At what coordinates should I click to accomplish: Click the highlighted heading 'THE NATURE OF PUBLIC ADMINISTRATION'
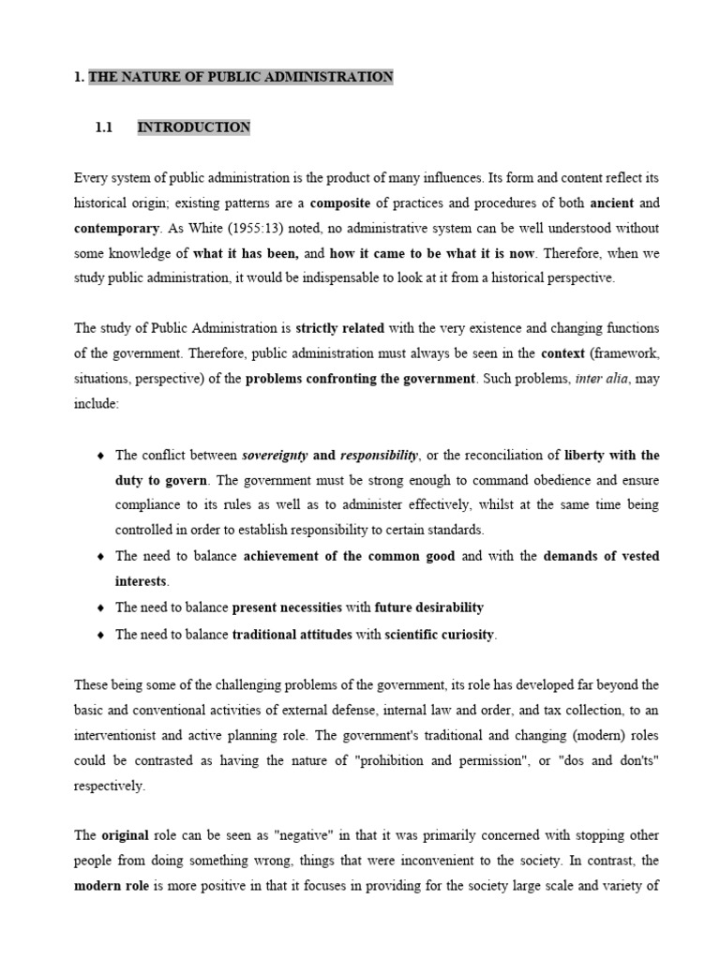pyautogui.click(x=241, y=77)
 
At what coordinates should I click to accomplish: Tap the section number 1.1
pyautogui.click(x=104, y=127)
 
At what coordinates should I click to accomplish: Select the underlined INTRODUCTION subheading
pyautogui.click(x=194, y=127)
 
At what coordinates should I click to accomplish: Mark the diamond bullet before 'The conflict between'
pyautogui.click(x=101, y=456)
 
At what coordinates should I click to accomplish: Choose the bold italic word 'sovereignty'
pyautogui.click(x=276, y=455)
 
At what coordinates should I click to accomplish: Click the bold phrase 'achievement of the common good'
pyautogui.click(x=349, y=556)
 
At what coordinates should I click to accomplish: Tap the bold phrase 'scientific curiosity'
pyautogui.click(x=440, y=635)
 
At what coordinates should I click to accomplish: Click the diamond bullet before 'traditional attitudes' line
pyautogui.click(x=101, y=635)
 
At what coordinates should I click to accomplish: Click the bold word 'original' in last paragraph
pyautogui.click(x=125, y=835)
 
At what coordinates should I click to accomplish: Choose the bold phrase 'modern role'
pyautogui.click(x=109, y=886)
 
